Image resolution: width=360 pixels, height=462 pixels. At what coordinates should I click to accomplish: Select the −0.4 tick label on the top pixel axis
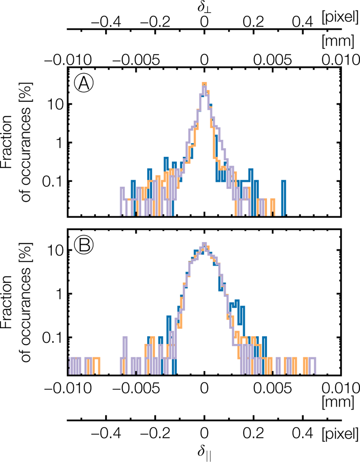click(x=106, y=22)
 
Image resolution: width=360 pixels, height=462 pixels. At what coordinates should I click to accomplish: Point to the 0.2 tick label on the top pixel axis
click(x=253, y=22)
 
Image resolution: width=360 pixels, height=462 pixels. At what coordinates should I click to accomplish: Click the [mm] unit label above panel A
click(x=338, y=41)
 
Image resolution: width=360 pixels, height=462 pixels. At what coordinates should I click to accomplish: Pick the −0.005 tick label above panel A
click(x=136, y=60)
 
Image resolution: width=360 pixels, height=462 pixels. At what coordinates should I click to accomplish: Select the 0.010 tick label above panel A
click(x=340, y=60)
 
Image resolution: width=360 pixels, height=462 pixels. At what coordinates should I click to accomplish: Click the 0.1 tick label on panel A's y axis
click(x=53, y=181)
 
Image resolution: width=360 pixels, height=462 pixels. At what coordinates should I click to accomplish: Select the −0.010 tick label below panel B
click(x=68, y=388)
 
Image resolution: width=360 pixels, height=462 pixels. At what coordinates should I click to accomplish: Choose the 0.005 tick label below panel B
click(x=272, y=388)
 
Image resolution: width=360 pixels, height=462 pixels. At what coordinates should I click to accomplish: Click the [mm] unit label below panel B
click(x=338, y=402)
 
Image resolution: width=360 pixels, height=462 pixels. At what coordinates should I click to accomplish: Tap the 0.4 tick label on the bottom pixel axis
click(x=303, y=433)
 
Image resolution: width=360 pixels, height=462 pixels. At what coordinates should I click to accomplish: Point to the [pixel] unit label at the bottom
click(x=340, y=433)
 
